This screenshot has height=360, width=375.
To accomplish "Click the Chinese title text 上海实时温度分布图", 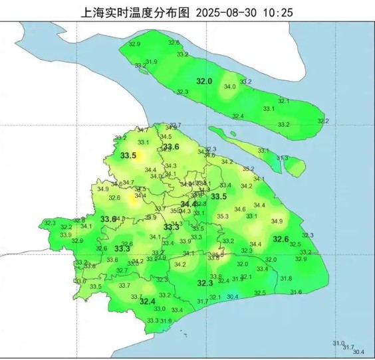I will point(135,12).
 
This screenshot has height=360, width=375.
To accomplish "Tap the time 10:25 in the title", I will point(281,12).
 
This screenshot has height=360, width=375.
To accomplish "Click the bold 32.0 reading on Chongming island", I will point(203,81).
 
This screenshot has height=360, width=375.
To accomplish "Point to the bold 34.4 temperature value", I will point(189,204).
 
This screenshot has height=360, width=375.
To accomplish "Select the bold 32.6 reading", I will point(281,239).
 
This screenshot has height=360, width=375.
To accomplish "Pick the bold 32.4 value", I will point(147,301).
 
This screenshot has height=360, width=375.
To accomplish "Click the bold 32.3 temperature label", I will point(205,284).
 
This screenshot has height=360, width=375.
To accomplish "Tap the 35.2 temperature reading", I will point(248,169).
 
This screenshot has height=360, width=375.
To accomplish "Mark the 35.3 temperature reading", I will point(223,216).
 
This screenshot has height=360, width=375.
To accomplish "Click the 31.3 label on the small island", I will point(282,158).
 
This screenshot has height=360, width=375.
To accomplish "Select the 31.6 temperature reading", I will point(296,292).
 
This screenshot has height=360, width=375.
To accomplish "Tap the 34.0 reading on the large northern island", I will point(230,87).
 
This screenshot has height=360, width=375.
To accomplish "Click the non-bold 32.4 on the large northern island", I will point(237,116).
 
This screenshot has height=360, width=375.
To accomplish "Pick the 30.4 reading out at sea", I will point(359,352).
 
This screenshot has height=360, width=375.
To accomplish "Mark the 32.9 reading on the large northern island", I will point(134,44).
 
